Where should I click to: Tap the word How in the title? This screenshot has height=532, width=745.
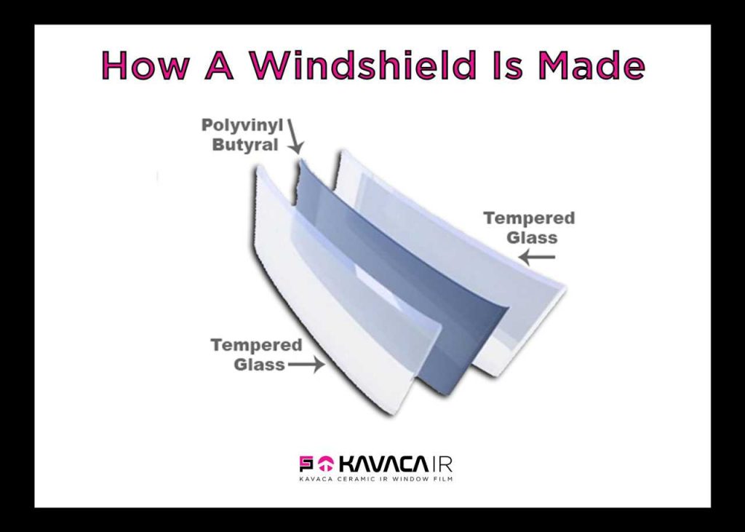(x=145, y=65)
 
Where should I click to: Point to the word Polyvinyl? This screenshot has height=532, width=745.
(x=242, y=125)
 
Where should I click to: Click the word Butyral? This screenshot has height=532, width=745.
(x=244, y=145)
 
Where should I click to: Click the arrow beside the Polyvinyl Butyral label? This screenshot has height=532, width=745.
(x=295, y=136)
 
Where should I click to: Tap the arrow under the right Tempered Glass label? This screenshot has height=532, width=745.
(x=537, y=257)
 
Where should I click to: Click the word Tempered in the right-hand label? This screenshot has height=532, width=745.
(x=529, y=218)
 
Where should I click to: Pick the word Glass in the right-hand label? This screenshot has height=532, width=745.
(x=532, y=237)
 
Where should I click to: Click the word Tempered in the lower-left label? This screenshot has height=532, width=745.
(x=256, y=345)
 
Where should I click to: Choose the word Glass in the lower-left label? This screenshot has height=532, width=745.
(x=260, y=365)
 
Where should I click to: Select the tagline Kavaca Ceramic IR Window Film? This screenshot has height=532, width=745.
(x=375, y=479)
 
